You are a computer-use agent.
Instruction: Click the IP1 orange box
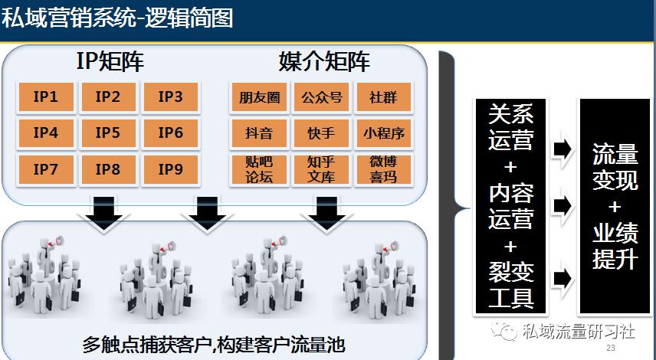click(x=46, y=97)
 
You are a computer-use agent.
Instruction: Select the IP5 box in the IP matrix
click(x=108, y=133)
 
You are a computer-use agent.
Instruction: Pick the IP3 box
click(x=170, y=97)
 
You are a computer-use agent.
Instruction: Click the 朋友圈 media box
click(x=259, y=98)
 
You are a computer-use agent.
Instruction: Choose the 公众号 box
click(x=321, y=98)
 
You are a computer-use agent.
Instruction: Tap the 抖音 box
click(x=259, y=133)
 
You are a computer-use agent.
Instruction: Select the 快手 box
click(x=321, y=133)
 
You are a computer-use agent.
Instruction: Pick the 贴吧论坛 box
click(x=259, y=169)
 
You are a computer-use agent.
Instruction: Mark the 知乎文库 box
click(x=321, y=169)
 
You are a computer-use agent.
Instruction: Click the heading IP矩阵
click(x=110, y=61)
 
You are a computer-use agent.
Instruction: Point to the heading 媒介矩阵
click(x=324, y=61)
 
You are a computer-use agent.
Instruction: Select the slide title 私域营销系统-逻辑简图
click(x=117, y=17)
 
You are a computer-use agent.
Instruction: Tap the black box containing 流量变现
click(x=615, y=207)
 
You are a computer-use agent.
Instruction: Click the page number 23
click(x=611, y=349)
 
